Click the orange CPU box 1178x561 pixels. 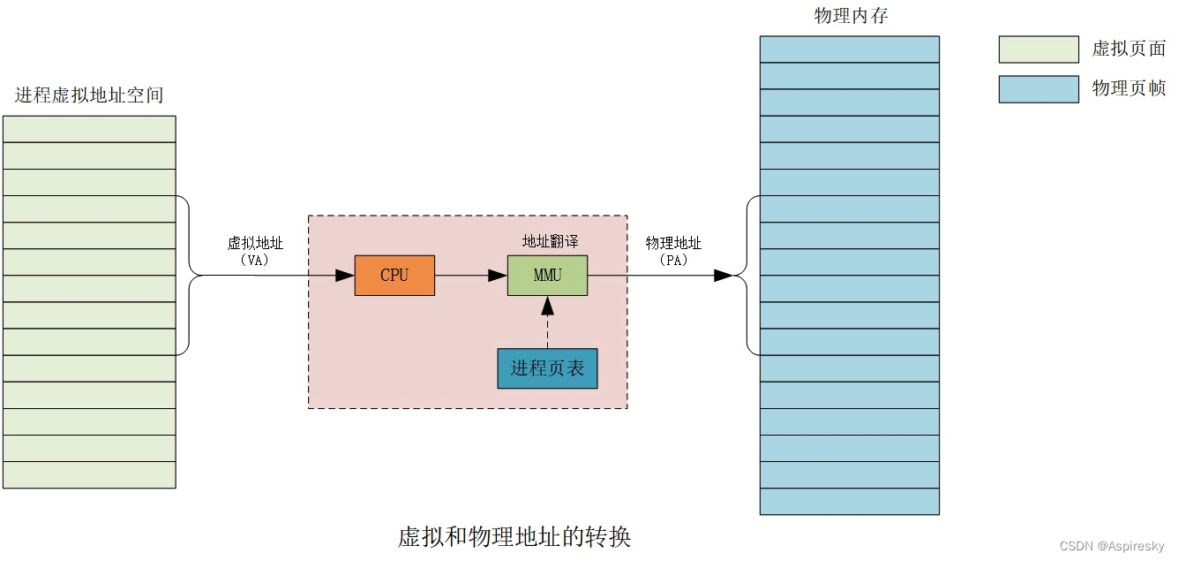pyautogui.click(x=394, y=275)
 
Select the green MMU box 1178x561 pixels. pyautogui.click(x=547, y=275)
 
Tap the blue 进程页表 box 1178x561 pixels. pyautogui.click(x=547, y=368)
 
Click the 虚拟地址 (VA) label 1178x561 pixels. pyautogui.click(x=255, y=251)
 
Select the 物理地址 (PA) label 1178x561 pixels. pyautogui.click(x=673, y=251)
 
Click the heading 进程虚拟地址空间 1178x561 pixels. pyautogui.click(x=89, y=95)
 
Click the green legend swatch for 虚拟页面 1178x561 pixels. pyautogui.click(x=1038, y=49)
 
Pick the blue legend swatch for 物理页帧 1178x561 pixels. pyautogui.click(x=1038, y=89)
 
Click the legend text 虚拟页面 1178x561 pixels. pyautogui.click(x=1129, y=49)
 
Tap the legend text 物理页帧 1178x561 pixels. pyautogui.click(x=1129, y=88)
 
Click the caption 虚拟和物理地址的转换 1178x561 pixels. pyautogui.click(x=514, y=536)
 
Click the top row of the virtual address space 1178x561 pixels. pyautogui.click(x=89, y=129)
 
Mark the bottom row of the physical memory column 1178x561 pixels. pyautogui.click(x=849, y=501)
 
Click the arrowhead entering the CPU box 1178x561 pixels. pyautogui.click(x=345, y=276)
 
